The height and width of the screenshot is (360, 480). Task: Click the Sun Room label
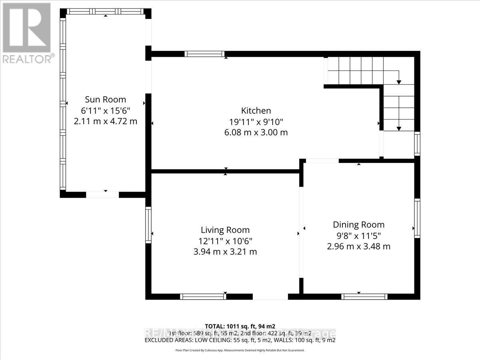pyautogui.click(x=105, y=100)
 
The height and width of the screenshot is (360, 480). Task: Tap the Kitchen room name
pyautogui.click(x=256, y=111)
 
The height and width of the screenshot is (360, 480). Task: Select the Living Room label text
pyautogui.click(x=225, y=230)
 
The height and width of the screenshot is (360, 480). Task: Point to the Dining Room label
pyautogui.click(x=359, y=225)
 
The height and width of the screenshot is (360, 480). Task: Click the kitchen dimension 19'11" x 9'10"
pyautogui.click(x=256, y=122)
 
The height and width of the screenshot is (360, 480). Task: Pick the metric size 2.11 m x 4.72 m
pyautogui.click(x=106, y=121)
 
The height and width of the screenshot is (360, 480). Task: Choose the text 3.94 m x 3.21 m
pyautogui.click(x=225, y=252)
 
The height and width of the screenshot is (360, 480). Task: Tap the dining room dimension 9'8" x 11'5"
pyautogui.click(x=359, y=236)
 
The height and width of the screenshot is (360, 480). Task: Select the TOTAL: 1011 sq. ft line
pyautogui.click(x=240, y=326)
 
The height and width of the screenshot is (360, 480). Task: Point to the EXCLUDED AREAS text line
pyautogui.click(x=240, y=340)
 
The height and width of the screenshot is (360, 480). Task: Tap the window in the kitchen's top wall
pyautogui.click(x=204, y=54)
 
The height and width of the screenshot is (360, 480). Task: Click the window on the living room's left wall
pyautogui.click(x=148, y=224)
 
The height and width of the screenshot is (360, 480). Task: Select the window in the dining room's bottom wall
pyautogui.click(x=364, y=296)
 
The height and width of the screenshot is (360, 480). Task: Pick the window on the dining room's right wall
pyautogui.click(x=417, y=218)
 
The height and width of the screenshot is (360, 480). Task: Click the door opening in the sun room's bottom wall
pyautogui.click(x=103, y=195)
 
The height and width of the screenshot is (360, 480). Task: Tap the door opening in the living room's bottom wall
pyautogui.click(x=270, y=297)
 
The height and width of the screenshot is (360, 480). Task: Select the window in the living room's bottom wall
pyautogui.click(x=203, y=296)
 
